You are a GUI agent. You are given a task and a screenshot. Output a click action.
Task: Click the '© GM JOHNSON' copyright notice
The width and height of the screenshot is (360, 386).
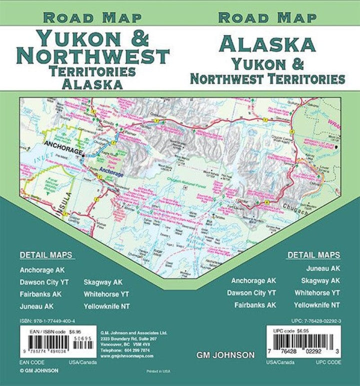point(39,370)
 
